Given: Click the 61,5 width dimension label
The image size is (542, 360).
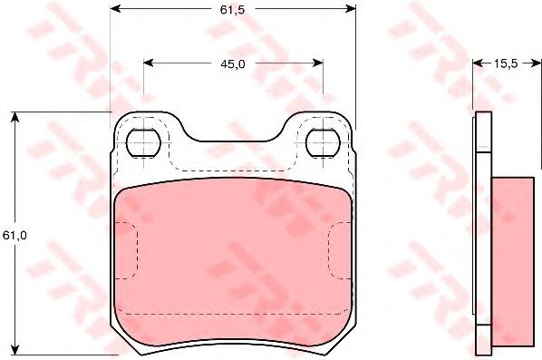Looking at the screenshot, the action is [x=232, y=10].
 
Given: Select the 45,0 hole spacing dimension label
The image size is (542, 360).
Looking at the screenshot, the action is [x=233, y=63].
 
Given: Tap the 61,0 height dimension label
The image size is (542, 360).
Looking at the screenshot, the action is [x=15, y=236].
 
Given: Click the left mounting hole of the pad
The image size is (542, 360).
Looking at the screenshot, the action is [x=144, y=142].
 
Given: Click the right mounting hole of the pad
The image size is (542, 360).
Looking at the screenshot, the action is [x=324, y=142].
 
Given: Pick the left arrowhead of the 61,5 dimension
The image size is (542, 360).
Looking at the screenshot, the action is [x=115, y=9].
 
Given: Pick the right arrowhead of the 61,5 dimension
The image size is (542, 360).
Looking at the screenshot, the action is [x=351, y=9].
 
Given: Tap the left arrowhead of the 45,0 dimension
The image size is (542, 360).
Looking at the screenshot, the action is [x=149, y=63].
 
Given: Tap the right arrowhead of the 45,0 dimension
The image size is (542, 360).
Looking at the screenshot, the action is [x=318, y=63].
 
